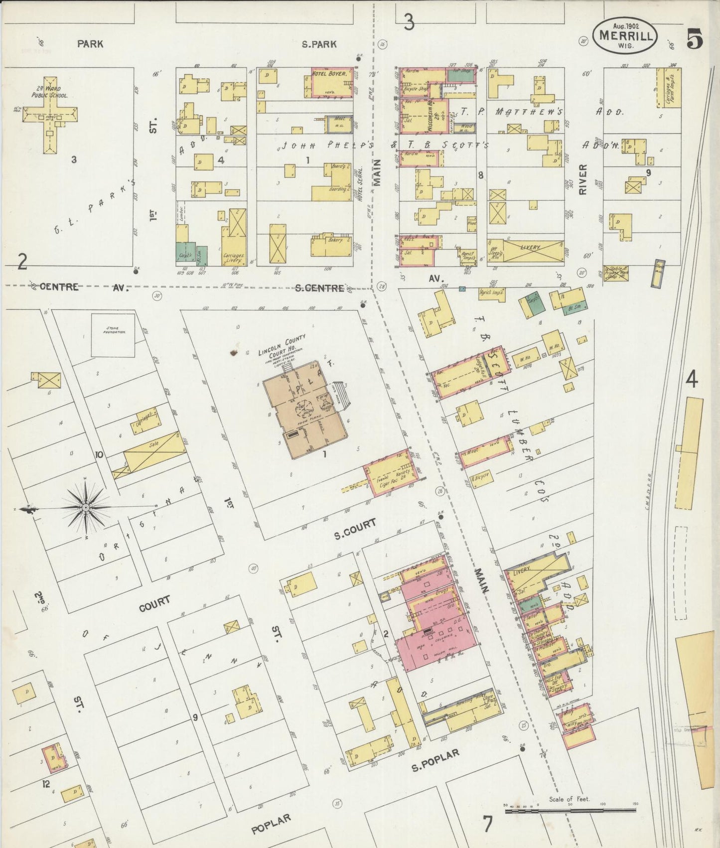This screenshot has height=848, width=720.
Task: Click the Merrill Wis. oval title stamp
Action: tap(625, 35)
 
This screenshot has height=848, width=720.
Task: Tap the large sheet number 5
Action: tap(695, 39)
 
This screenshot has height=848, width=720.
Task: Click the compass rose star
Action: tap(85, 507)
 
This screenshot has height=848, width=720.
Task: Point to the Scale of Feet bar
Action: tap(570, 811)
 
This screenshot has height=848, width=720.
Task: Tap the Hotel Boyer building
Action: tap(332, 82)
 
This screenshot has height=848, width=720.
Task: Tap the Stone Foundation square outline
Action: tap(113, 335)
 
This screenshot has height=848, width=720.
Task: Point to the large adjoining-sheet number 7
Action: tap(487, 824)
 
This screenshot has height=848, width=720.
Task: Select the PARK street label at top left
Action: tap(90, 44)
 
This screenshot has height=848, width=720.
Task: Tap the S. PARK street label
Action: tap(319, 44)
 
